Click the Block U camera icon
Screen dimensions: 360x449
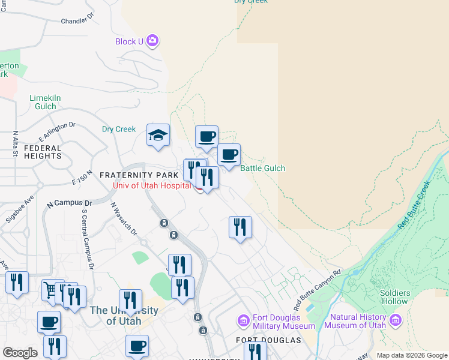click(152, 41)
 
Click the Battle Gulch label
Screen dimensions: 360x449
click(263, 169)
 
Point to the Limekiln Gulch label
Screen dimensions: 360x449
click(46, 102)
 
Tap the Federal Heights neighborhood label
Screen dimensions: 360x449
click(43, 152)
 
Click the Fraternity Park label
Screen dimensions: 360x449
click(139, 175)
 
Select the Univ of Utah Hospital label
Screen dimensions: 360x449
click(152, 185)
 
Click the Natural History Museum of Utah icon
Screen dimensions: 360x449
click(395, 320)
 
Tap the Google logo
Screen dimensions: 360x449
click(20, 353)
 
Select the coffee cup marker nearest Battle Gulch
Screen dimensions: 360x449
click(229, 155)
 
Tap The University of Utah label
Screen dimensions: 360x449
click(124, 316)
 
